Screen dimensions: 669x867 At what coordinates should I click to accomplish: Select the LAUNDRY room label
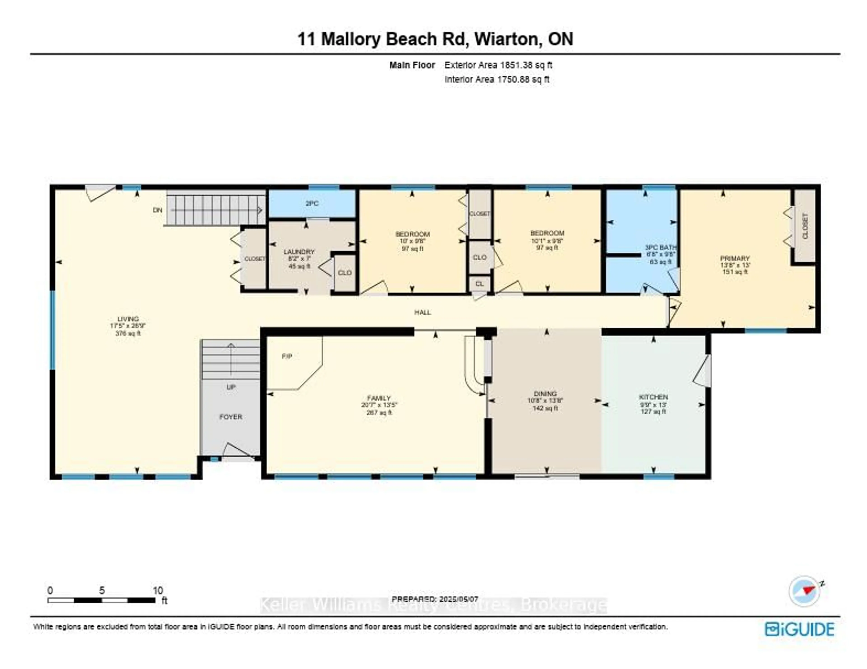299,252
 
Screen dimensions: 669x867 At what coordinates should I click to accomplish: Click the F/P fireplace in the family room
287,356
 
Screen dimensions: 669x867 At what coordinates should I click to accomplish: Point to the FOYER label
231,417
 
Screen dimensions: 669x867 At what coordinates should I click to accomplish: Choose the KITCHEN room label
653,397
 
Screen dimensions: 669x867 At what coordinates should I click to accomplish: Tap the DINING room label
545,394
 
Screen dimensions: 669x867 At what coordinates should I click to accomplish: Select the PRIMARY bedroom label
735,258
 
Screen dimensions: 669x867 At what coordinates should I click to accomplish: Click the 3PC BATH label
661,247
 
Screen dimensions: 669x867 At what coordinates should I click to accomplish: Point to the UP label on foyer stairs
231,387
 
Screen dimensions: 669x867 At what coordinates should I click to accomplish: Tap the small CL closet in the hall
480,284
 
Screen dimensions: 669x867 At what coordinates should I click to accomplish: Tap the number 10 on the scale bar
158,591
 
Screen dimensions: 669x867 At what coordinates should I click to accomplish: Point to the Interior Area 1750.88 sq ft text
497,79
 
